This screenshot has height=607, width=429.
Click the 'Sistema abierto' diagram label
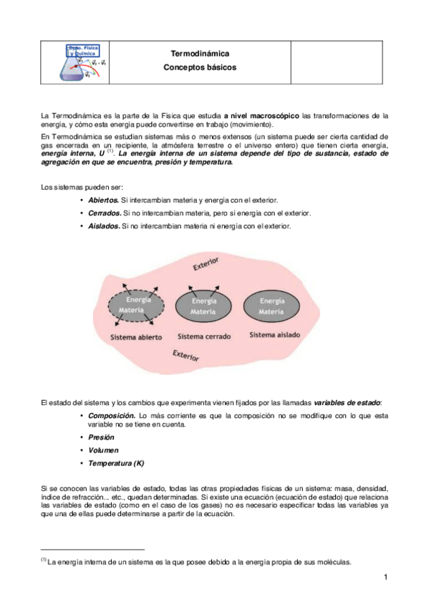tap(136, 336)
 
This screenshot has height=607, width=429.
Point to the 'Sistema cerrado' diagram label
tap(203, 336)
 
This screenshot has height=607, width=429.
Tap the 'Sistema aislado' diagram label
tap(274, 334)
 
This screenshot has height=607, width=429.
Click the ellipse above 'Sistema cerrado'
tap(203, 306)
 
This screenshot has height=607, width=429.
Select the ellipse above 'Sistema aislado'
tap(271, 306)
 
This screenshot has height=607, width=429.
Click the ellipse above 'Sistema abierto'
tap(138, 306)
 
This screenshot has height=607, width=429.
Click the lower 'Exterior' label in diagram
tap(186, 356)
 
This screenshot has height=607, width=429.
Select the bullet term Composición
tap(112, 415)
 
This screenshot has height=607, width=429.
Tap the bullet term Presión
tap(102, 437)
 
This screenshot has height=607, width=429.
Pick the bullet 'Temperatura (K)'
tap(116, 463)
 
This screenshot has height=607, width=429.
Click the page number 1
tap(385, 577)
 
